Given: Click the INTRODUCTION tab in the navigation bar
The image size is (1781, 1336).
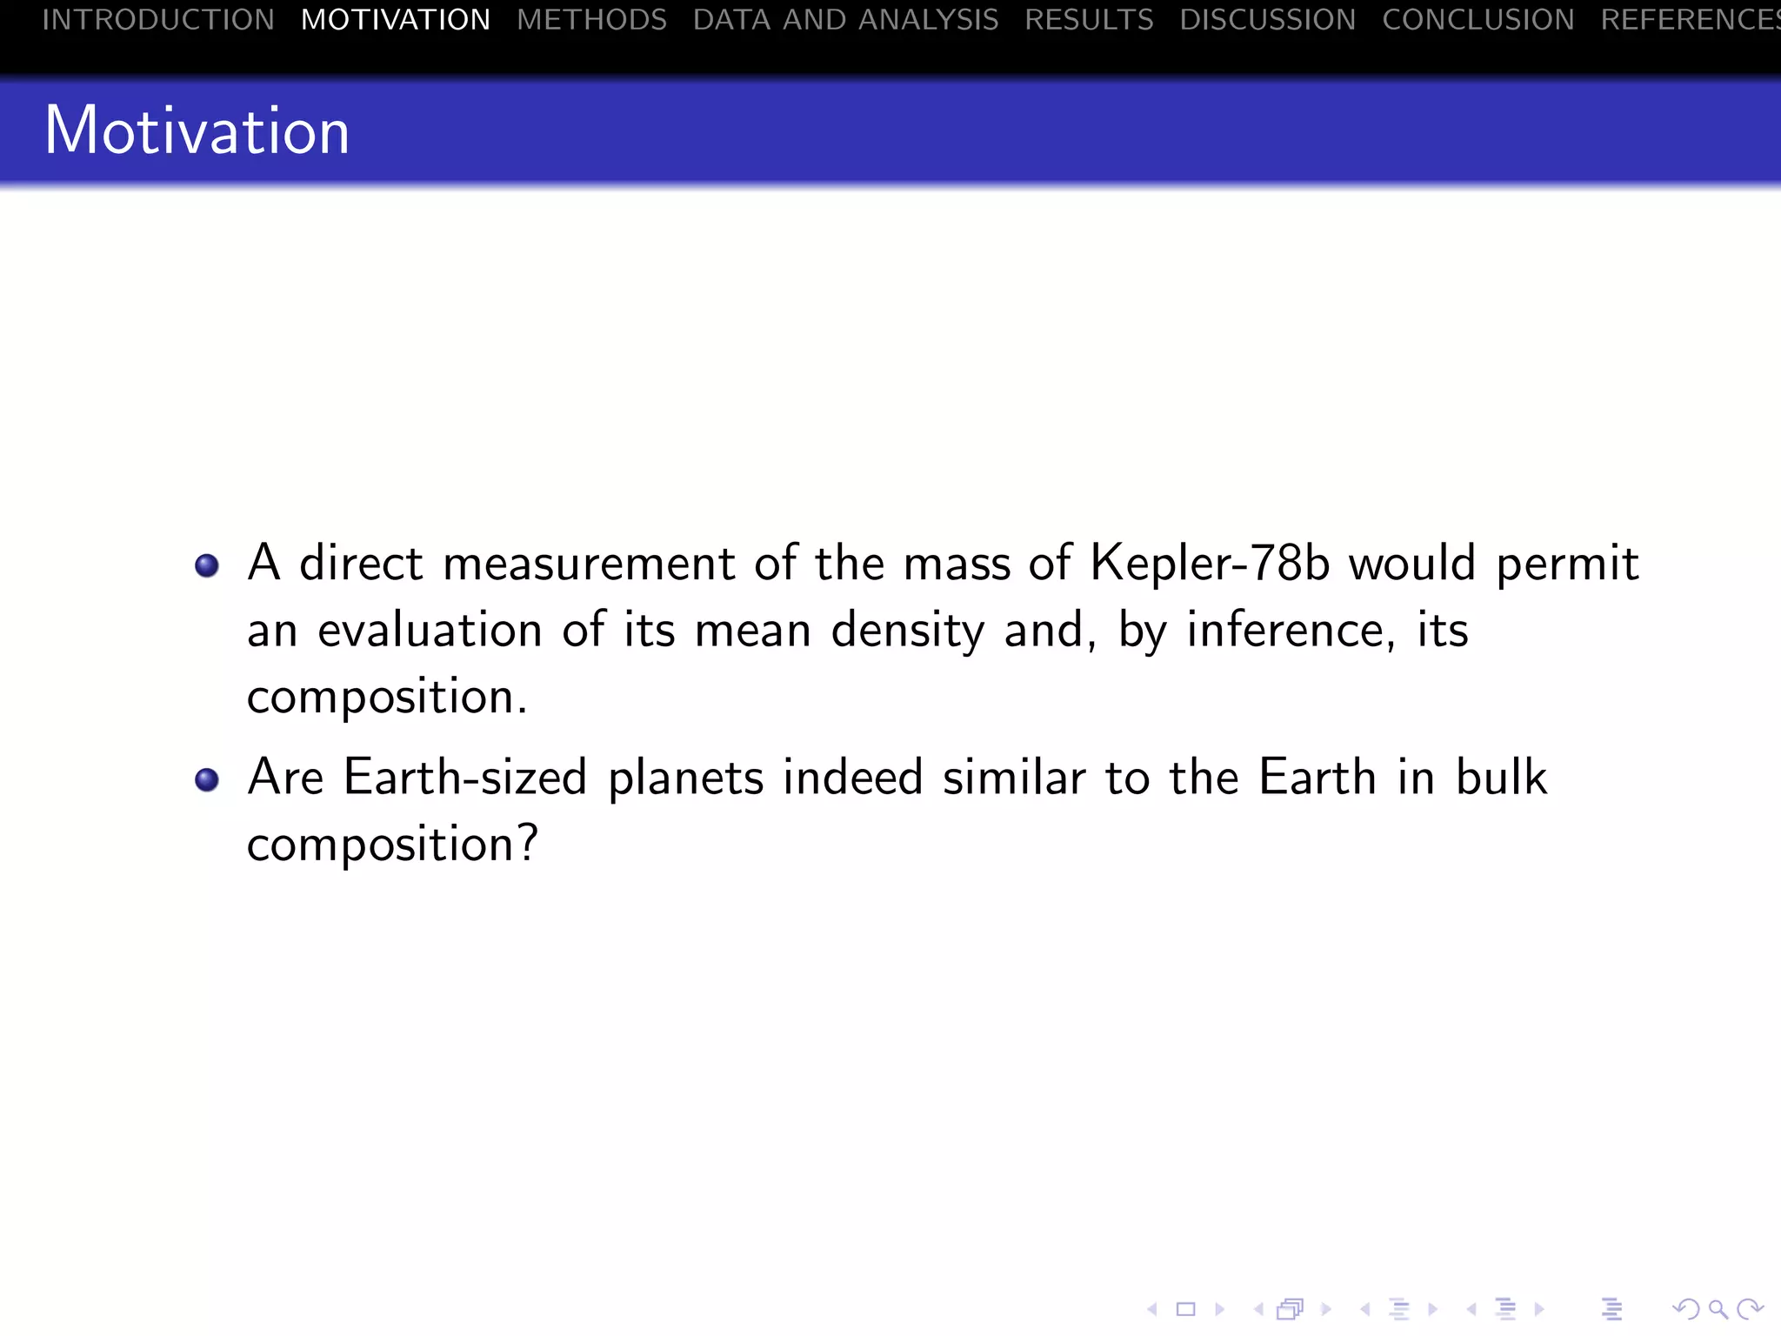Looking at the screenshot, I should coord(158,19).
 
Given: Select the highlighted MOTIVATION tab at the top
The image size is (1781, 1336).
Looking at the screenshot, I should coord(396,19).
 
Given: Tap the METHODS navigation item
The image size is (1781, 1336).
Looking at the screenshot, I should coord(591,19).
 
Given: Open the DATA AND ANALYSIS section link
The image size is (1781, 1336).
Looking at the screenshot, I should coord(845,19).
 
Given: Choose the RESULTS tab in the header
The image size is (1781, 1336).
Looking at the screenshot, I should coord(1089,19).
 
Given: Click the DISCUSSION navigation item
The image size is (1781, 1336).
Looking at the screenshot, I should coord(1267,19).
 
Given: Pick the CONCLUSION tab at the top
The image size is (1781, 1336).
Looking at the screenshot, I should coord(1477,19).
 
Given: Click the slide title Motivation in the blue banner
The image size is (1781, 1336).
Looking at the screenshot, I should coord(197,130).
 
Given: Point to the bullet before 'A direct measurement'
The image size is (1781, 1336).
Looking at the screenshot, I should coord(207,566).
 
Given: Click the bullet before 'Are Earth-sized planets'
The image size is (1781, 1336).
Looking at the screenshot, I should coord(207,779).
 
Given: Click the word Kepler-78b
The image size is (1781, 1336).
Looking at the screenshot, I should coord(1210,563).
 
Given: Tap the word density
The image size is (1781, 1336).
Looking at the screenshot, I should coord(908,631).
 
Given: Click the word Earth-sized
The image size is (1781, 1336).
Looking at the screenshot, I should coord(465,777).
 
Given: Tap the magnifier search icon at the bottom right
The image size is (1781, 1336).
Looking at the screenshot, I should coord(1718,1309).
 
